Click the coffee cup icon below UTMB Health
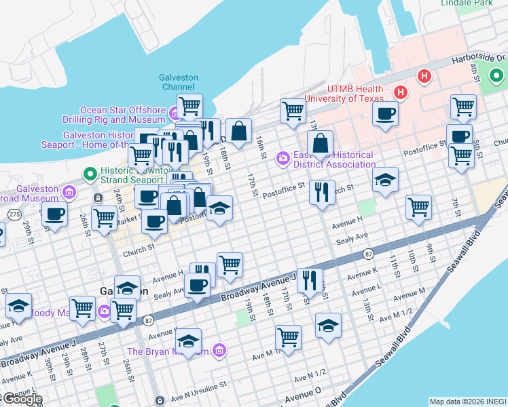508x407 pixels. tap(386, 113)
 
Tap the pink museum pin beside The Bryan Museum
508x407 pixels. tap(219, 351)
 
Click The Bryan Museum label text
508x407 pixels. tap(168, 351)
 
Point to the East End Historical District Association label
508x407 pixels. tap(333, 159)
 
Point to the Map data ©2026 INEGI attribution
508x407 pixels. tap(467, 401)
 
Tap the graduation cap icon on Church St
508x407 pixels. tap(385, 179)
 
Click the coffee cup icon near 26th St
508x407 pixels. tap(54, 214)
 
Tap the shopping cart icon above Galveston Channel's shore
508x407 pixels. tap(189, 106)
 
